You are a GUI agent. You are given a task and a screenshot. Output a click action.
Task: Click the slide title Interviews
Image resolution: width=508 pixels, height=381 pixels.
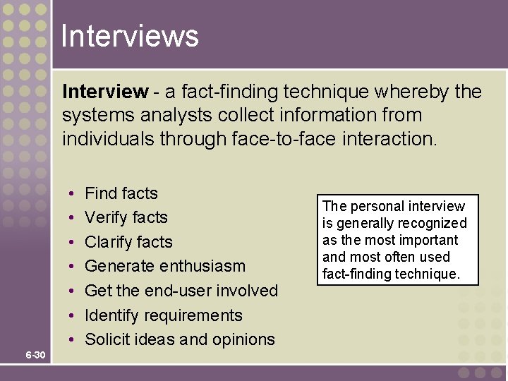point(130,36)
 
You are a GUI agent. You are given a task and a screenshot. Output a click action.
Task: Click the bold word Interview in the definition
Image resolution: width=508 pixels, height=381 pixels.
point(105,92)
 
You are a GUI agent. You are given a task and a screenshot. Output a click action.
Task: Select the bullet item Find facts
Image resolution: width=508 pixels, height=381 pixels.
point(121,193)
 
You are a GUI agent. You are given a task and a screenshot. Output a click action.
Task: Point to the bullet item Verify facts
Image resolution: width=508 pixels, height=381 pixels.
point(126,217)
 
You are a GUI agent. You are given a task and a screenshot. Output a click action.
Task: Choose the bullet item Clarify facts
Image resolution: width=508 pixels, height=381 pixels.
point(128,242)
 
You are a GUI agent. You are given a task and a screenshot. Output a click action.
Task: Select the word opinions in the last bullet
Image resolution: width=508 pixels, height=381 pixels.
point(243,340)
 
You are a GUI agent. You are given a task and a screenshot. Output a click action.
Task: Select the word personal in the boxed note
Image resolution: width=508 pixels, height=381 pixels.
point(378,207)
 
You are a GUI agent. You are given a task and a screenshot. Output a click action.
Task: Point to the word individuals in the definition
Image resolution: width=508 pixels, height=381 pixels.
point(109,138)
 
